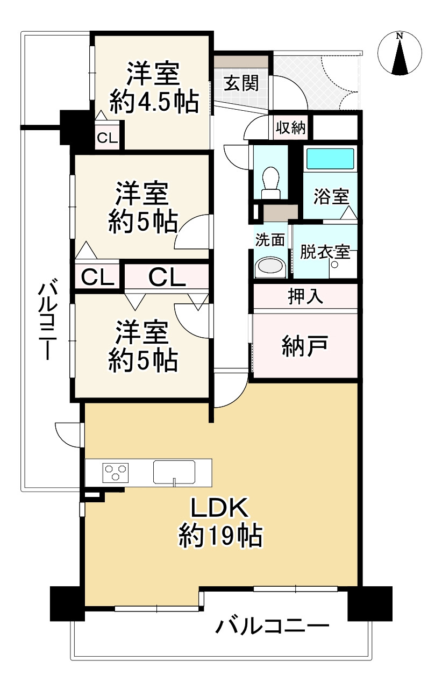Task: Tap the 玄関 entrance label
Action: coord(241,84)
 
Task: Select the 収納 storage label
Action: coord(290,128)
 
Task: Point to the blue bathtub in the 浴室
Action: coord(330,159)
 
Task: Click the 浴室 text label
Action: coord(331,197)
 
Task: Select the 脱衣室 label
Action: coord(325,252)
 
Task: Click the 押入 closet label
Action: coord(305,297)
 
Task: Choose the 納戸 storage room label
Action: coord(305,346)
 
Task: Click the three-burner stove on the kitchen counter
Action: coord(116,473)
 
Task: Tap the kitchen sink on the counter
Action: coord(174,472)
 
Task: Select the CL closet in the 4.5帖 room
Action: coord(107,138)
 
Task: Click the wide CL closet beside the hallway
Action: coord(167,278)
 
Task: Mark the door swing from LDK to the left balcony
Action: coord(67,433)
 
